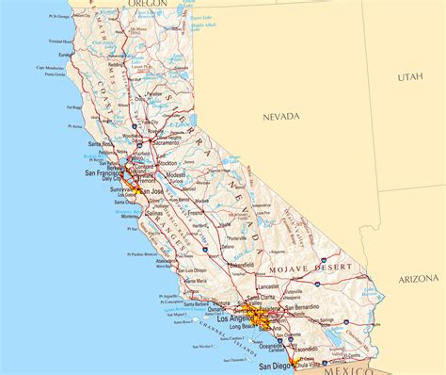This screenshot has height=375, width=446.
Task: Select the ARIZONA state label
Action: (x=417, y=279)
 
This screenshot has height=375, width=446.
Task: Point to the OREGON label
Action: (x=148, y=4)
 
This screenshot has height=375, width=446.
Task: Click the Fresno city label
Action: (x=196, y=213)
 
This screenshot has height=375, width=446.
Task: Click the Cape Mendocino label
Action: (x=51, y=67)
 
